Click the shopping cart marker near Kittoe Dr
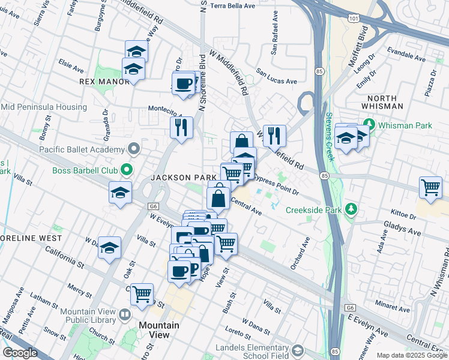pos(431,188)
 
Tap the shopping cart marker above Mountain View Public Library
pos(142,294)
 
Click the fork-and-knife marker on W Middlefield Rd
pos(274,135)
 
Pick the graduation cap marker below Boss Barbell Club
pos(120,193)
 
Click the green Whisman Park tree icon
pos(369,125)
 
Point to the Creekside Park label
pos(313,209)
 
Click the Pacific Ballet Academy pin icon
pos(133,149)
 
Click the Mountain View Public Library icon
pos(124,314)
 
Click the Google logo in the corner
pos(20,353)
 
